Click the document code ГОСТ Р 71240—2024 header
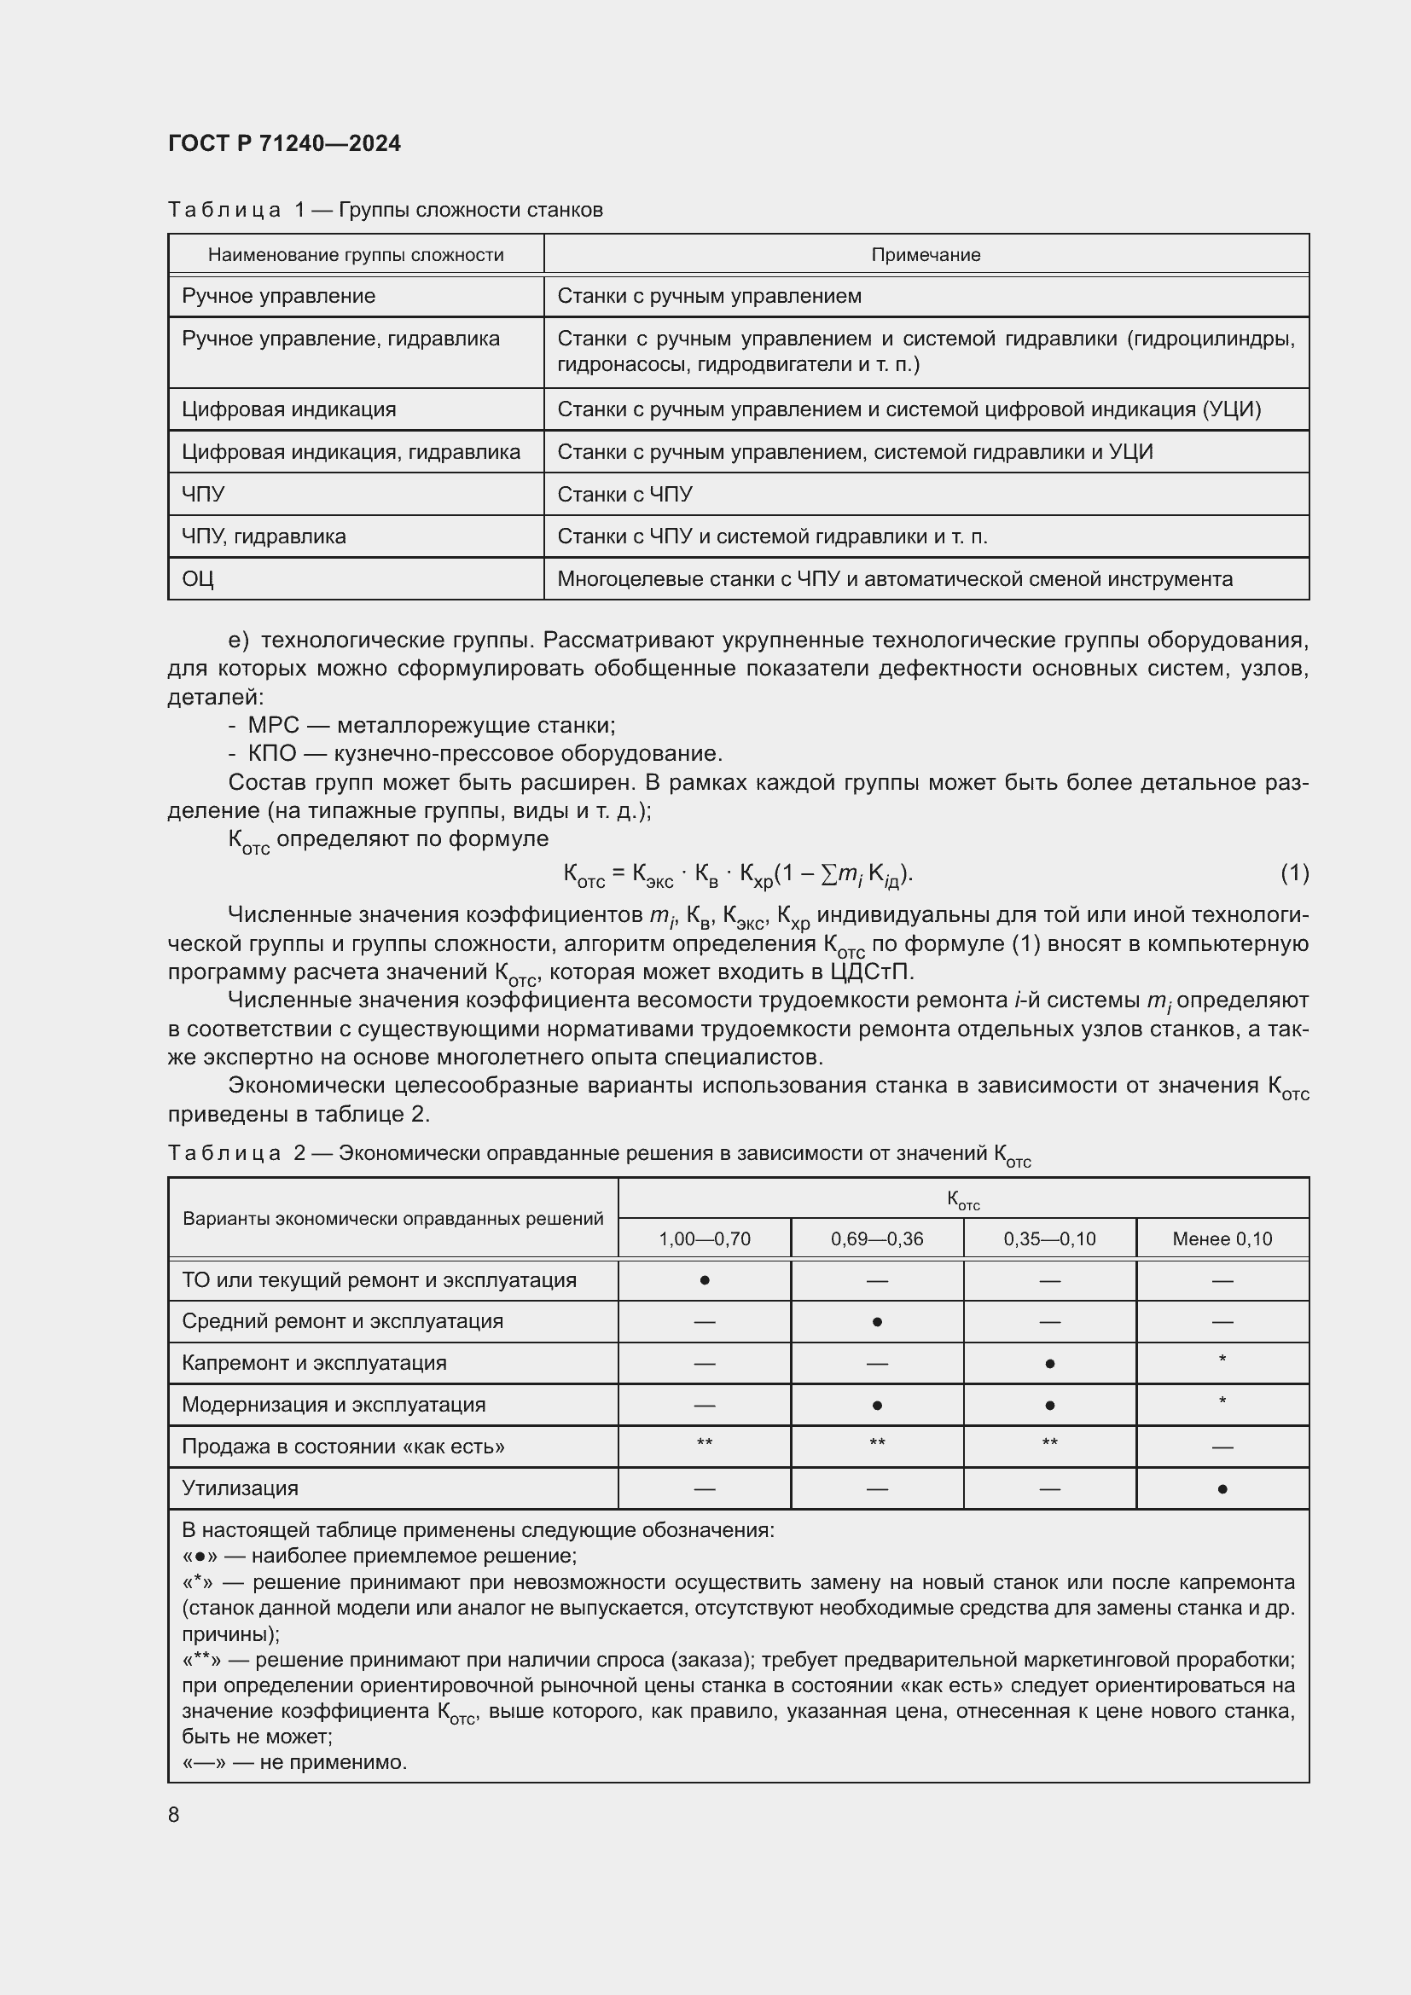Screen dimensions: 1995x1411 (284, 143)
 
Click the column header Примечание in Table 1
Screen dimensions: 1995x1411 (926, 254)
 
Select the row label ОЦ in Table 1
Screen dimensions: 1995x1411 (198, 578)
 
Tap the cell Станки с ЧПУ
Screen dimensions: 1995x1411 (624, 495)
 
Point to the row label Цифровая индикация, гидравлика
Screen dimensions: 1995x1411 (350, 452)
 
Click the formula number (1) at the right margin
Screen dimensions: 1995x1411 (1294, 873)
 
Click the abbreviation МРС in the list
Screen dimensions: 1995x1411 (273, 725)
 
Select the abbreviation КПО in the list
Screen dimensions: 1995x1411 (272, 753)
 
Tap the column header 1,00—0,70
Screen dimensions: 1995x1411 (704, 1239)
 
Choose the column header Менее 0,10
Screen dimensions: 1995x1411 (1222, 1239)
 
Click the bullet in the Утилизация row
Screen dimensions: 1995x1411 (1222, 1489)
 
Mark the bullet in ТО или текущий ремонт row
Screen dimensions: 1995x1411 (704, 1281)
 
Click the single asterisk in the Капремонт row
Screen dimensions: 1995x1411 (1222, 1359)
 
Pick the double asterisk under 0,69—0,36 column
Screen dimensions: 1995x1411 (877, 1443)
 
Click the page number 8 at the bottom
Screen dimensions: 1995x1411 (174, 1814)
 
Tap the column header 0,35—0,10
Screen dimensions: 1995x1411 (1048, 1239)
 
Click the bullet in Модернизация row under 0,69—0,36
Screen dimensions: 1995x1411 (877, 1406)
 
